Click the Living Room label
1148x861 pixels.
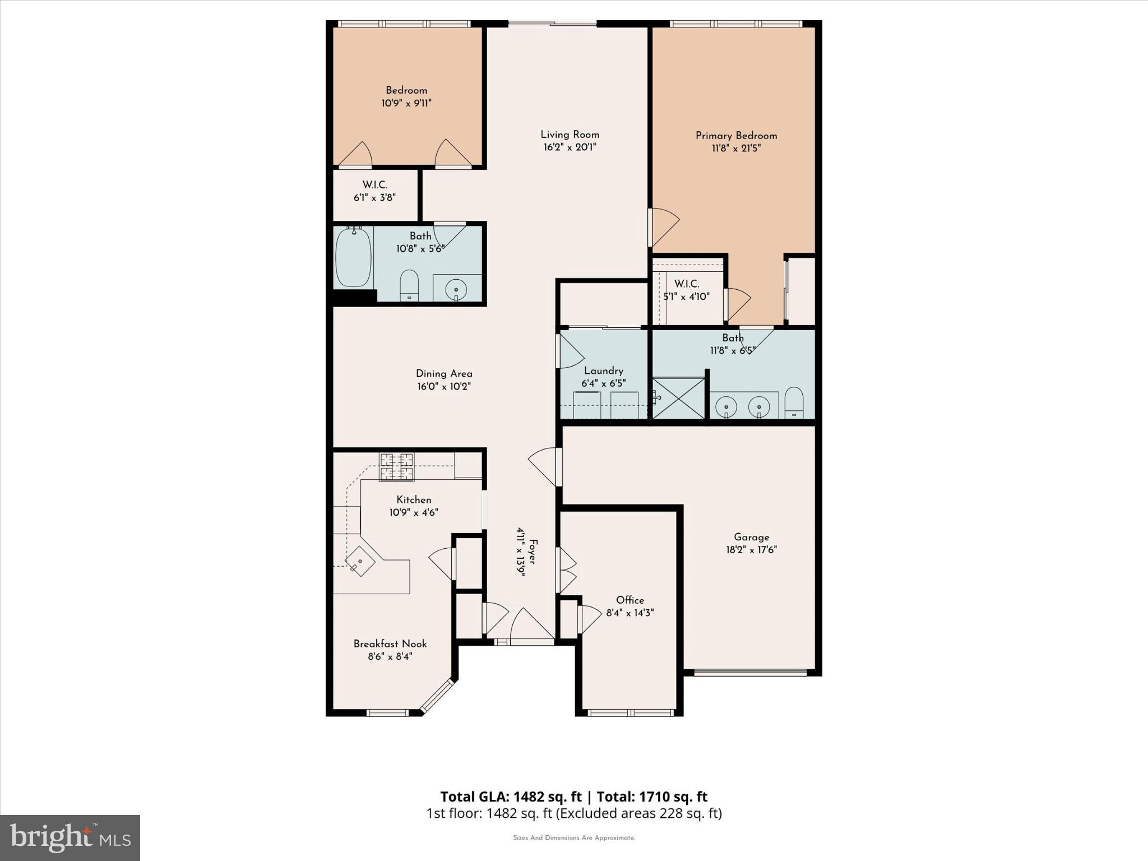(x=570, y=135)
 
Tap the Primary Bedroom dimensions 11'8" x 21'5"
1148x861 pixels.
(x=736, y=149)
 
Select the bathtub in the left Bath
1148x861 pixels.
(x=353, y=257)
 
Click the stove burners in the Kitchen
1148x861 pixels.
(x=397, y=467)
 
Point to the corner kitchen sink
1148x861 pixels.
(x=360, y=561)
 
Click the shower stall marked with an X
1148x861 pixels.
(x=679, y=398)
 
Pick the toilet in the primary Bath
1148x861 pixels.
(x=794, y=402)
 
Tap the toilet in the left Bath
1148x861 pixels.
(x=409, y=285)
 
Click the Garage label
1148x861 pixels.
(x=751, y=537)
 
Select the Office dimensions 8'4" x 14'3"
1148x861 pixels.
(x=630, y=613)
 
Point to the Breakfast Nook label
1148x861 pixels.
(x=390, y=644)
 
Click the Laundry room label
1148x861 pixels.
(x=603, y=371)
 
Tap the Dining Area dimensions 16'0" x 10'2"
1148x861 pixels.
(x=444, y=387)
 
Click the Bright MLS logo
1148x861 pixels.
(x=70, y=838)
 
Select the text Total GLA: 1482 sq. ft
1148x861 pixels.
(x=511, y=797)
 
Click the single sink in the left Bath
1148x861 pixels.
(x=456, y=290)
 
